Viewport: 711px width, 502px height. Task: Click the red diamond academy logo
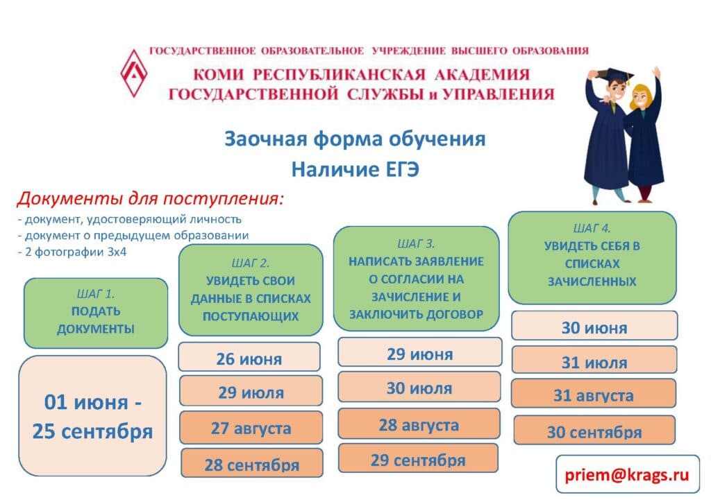(134, 73)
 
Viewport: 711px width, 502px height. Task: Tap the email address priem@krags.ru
(627, 474)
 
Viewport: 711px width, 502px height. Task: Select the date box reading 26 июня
(249, 357)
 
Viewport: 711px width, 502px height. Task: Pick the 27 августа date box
(251, 427)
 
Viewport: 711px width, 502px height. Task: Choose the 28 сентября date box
(251, 463)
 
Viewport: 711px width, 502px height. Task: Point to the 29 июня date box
(420, 352)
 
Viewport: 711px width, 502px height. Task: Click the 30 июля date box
(419, 387)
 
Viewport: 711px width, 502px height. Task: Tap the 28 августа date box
(419, 424)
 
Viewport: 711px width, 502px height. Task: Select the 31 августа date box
(594, 394)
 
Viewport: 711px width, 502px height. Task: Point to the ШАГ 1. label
(96, 294)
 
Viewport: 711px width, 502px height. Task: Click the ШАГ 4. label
(592, 227)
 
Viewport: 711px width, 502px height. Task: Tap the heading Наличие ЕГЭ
(355, 169)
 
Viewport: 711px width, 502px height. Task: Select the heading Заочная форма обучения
(355, 139)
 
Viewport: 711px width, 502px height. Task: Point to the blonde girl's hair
(640, 93)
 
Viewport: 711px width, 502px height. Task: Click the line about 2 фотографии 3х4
(72, 252)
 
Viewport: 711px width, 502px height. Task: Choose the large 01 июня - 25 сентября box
(92, 415)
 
